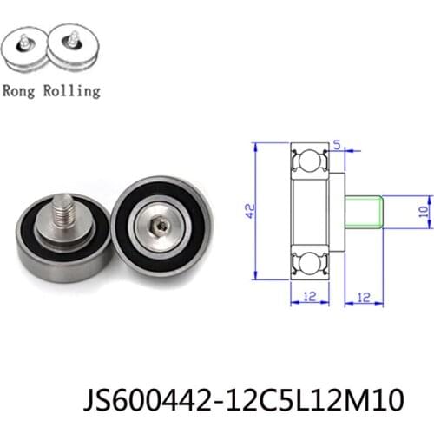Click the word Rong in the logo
20,90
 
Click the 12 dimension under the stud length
363,297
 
